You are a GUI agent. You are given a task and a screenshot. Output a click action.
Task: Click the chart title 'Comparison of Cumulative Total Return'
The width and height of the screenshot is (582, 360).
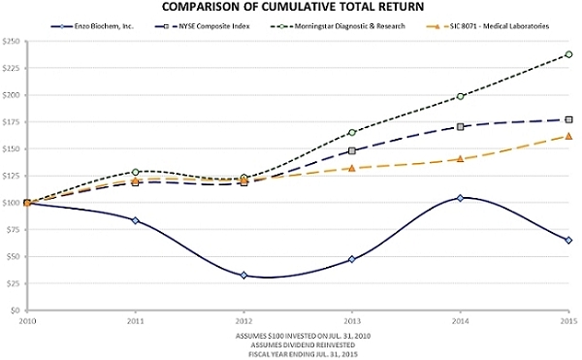tap(293, 7)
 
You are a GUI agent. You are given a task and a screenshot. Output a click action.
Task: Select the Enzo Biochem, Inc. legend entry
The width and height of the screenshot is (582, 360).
tap(92, 26)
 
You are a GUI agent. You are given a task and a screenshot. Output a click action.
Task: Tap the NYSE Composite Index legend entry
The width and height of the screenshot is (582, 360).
tap(202, 26)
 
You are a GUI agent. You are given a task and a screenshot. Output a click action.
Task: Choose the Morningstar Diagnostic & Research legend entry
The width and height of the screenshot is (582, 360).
tap(337, 26)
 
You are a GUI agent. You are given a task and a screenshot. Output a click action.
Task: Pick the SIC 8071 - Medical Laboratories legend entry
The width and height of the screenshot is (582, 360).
tap(486, 26)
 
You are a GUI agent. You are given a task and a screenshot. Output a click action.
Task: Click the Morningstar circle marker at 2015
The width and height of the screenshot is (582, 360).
tap(568, 54)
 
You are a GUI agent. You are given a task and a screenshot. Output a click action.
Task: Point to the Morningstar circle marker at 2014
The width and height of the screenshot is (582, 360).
tap(460, 96)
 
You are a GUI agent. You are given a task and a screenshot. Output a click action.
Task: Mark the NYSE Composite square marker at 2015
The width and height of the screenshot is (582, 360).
tap(568, 120)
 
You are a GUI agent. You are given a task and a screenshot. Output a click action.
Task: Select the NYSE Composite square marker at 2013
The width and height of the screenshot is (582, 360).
tap(352, 151)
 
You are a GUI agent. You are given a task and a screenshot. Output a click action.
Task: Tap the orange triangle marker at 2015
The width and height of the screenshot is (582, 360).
tap(568, 136)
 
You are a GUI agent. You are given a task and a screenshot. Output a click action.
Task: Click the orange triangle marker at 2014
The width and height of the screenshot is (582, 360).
tap(460, 159)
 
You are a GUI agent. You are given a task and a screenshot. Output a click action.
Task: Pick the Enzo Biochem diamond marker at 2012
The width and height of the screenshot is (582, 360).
tap(243, 276)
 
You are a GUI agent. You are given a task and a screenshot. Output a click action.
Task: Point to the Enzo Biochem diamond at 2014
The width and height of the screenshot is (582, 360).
tap(460, 198)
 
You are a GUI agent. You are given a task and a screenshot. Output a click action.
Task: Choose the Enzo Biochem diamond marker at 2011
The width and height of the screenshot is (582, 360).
tap(136, 220)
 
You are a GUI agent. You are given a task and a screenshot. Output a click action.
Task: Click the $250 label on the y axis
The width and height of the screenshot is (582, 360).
tap(11, 41)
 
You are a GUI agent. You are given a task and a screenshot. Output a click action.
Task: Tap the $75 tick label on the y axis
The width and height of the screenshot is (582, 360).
tap(12, 230)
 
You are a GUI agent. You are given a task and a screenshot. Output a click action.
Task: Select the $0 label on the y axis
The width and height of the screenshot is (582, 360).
tap(15, 311)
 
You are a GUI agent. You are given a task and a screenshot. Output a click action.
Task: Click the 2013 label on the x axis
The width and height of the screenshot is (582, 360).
tap(352, 320)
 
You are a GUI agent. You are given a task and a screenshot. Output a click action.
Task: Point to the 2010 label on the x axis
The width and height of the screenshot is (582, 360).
tap(27, 320)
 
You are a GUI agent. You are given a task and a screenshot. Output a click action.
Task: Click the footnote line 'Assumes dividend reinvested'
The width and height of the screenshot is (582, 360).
tap(303, 345)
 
